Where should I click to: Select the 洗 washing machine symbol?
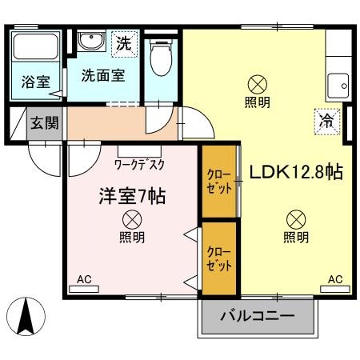point(122,43)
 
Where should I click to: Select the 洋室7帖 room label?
point(132,196)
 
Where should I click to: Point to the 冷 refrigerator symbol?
point(326,121)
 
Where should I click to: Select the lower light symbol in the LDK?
point(295,218)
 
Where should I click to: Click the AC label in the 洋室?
point(84,280)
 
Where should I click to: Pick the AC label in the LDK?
point(335,280)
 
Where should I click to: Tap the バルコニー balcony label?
point(258,316)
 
